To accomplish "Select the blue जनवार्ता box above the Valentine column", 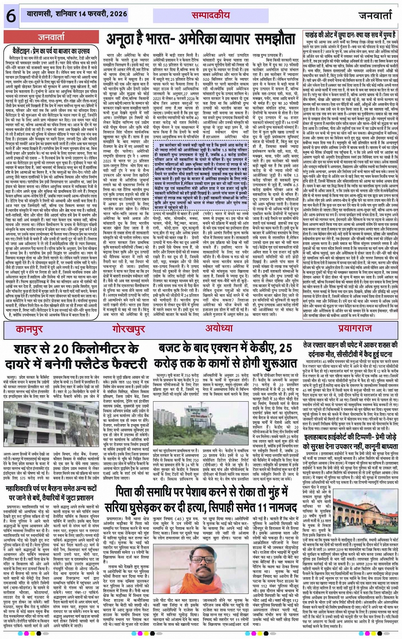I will click(x=51, y=37).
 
